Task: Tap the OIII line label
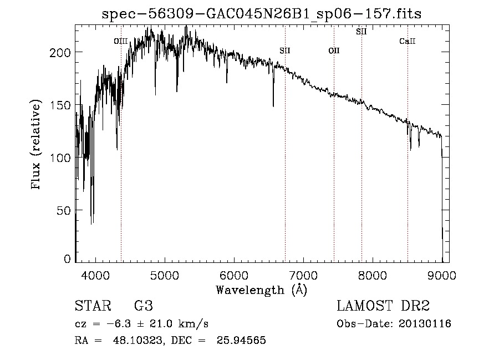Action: (121, 41)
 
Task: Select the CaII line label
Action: (408, 41)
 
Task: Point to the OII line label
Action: (334, 51)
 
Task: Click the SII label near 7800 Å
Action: (361, 32)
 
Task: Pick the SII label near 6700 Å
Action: (285, 51)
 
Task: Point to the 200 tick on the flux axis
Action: (61, 52)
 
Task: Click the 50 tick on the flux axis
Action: (64, 211)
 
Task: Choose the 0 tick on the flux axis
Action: (67, 259)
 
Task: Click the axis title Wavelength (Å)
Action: (261, 290)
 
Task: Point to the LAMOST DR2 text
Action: (383, 306)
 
